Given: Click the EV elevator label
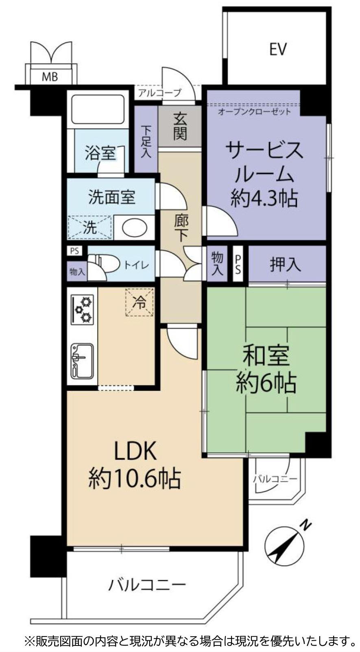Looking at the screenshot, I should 278,49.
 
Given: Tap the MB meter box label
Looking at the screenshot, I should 50,76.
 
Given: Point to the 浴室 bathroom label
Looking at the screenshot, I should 100,153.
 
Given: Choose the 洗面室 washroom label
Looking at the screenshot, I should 111,197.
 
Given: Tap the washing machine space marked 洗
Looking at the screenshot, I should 90,227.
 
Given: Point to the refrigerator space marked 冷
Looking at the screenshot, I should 140,302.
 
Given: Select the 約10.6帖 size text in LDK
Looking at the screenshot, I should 135,478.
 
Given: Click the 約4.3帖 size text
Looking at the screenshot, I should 264,198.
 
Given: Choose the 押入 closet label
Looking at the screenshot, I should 286,264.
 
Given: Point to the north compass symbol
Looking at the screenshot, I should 285,545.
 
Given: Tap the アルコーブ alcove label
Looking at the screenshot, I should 159,92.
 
